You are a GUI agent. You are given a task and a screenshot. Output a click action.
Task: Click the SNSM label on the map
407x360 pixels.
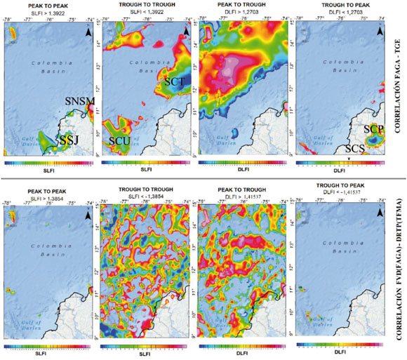[x=79, y=102]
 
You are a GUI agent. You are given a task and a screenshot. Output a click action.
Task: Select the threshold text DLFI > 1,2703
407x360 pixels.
[x=243, y=13]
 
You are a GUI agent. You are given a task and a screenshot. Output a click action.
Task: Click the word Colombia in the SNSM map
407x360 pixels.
[x=47, y=63]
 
